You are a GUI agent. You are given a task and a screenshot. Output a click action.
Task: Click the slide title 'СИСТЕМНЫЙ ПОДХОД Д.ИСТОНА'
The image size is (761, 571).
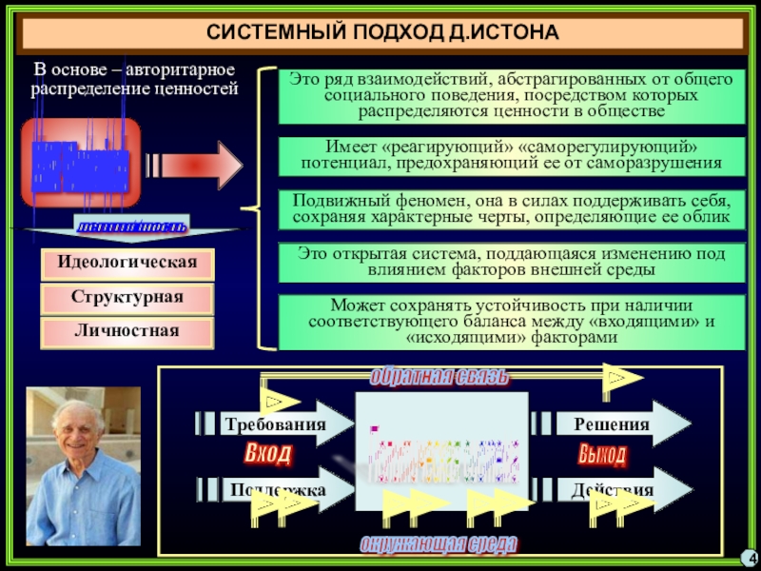(382, 33)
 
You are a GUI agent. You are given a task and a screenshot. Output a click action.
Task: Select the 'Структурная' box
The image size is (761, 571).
(127, 297)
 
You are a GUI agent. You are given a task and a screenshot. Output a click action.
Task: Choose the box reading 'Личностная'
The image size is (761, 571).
(127, 331)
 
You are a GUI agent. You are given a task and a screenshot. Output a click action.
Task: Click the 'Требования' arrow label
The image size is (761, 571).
(275, 424)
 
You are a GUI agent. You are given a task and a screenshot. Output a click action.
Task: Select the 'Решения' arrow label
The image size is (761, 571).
(612, 424)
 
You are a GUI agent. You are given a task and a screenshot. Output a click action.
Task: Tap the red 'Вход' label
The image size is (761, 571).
(268, 454)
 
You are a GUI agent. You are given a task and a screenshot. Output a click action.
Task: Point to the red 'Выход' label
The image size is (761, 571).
(602, 455)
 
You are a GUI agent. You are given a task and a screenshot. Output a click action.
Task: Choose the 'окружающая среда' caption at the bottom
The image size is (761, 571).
(439, 544)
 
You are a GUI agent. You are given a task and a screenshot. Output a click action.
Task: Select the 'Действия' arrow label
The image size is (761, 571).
(612, 490)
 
